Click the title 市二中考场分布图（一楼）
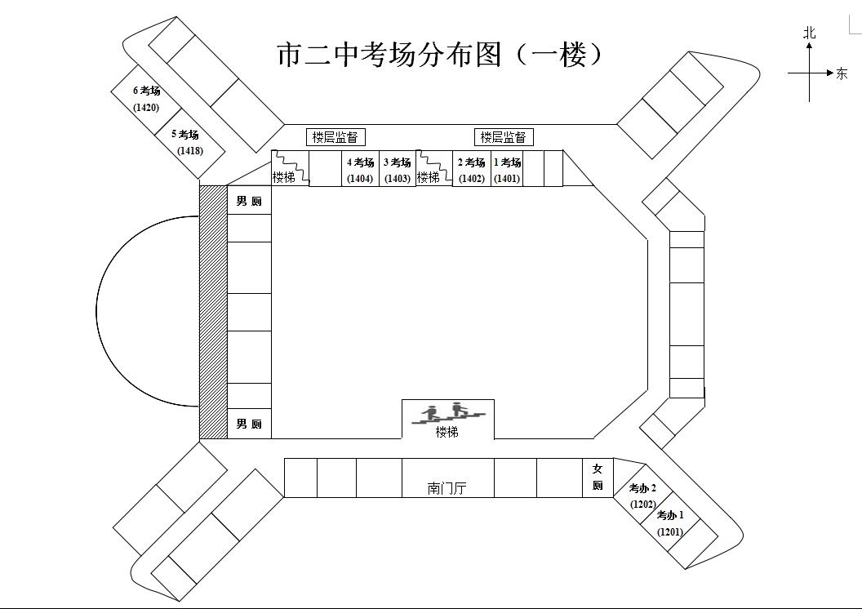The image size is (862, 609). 440,55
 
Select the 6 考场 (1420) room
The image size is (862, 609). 147,99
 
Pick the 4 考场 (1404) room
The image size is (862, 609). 360,170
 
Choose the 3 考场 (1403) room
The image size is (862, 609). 398,170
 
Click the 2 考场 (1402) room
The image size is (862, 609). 472,170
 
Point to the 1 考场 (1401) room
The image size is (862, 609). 507,170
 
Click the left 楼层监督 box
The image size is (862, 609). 335,137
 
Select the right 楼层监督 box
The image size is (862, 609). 504,137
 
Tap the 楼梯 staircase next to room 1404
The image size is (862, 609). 288,169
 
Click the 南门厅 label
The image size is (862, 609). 448,488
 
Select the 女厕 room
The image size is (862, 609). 598,477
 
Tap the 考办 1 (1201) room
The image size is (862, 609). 671,522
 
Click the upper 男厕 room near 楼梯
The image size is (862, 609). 249,201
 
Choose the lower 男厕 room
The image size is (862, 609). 249,424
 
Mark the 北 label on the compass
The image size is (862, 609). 809,33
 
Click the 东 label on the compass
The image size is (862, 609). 842,74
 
